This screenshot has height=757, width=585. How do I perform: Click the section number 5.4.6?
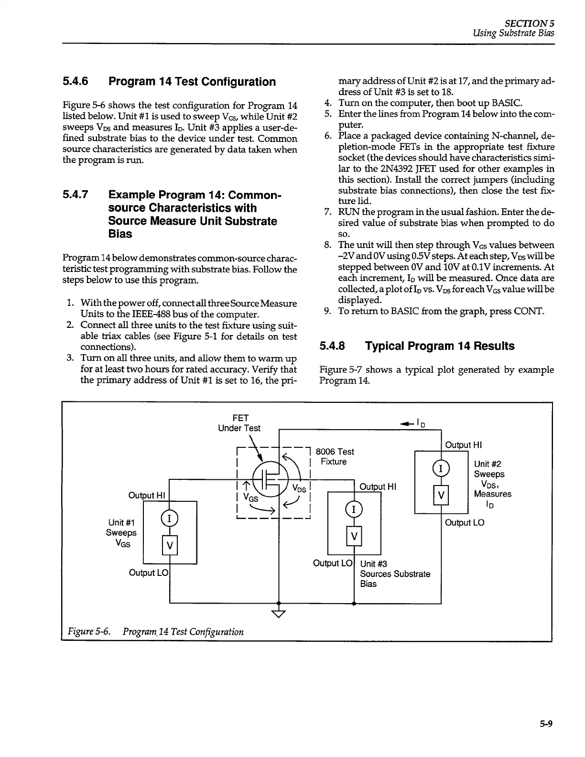[x=76, y=82]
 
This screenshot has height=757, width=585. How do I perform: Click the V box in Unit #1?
[x=170, y=545]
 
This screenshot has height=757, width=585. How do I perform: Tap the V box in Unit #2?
[x=440, y=496]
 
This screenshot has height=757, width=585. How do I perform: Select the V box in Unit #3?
[x=354, y=536]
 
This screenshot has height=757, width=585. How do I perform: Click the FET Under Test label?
[x=239, y=423]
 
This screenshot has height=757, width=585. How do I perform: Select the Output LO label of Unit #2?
[x=465, y=523]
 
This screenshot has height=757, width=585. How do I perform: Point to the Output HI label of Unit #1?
[x=146, y=496]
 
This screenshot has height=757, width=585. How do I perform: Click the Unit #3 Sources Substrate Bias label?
[x=395, y=574]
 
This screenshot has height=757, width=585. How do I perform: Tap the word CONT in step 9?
[x=528, y=312]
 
